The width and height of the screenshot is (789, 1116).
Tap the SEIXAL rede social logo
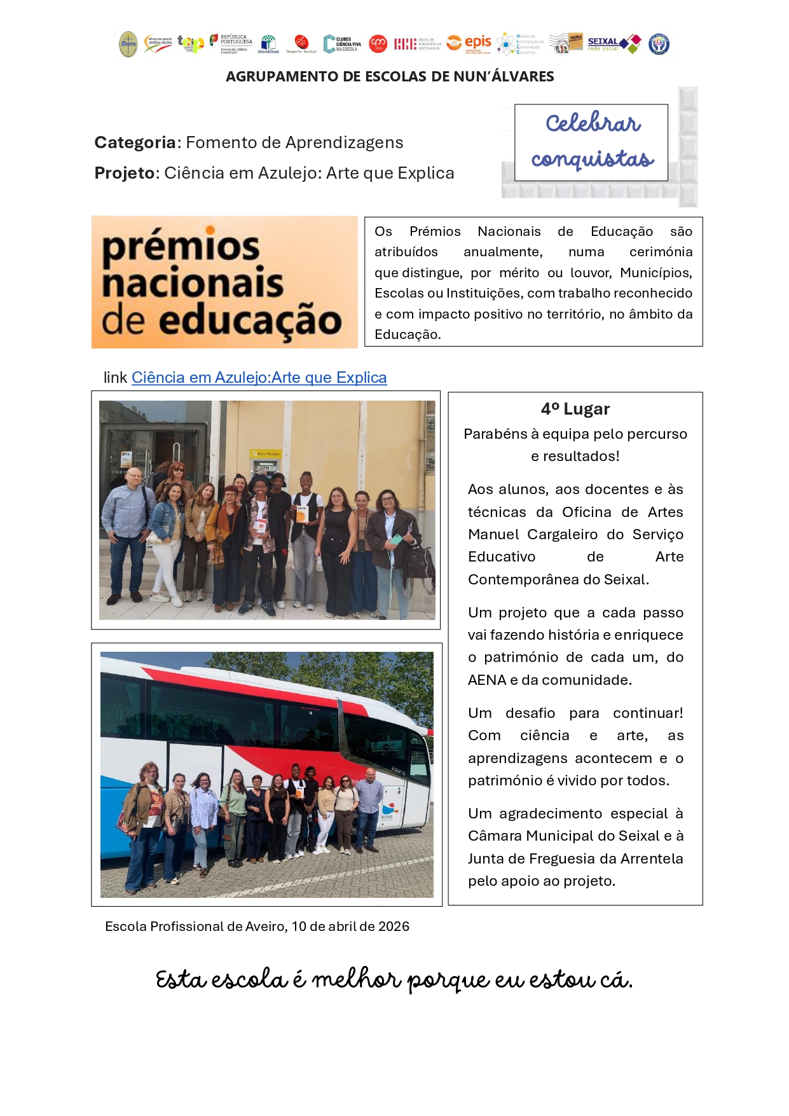[x=614, y=44]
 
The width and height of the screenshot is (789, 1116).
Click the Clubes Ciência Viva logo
[x=342, y=44]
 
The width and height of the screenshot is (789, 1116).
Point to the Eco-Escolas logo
[x=268, y=44]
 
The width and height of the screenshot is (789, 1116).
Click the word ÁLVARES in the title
[x=523, y=77]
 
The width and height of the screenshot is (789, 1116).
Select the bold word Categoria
[x=135, y=142]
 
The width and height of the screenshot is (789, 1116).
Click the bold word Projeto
[x=125, y=173]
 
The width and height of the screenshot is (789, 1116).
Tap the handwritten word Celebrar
[x=593, y=123]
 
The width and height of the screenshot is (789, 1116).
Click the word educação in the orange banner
[x=249, y=320]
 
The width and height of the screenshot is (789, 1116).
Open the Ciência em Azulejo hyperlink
[x=259, y=378]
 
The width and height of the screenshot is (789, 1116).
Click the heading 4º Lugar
[x=575, y=409]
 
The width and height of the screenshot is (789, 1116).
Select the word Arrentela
[x=643, y=858]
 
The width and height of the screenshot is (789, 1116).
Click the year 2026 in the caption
[x=394, y=927]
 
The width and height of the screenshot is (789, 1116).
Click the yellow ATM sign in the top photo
[x=268, y=454]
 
